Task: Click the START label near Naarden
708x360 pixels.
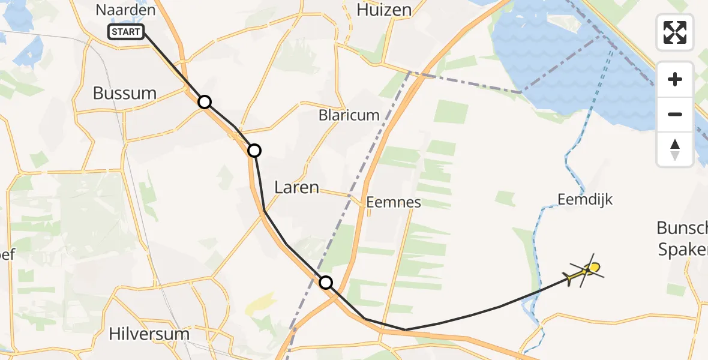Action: click(x=127, y=32)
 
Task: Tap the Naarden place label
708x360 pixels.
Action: click(x=125, y=10)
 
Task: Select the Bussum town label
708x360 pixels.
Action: click(x=125, y=93)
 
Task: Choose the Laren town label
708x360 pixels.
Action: click(x=296, y=187)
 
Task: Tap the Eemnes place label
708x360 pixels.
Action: click(x=394, y=202)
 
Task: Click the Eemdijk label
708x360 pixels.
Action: click(x=585, y=199)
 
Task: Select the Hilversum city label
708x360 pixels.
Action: click(x=150, y=334)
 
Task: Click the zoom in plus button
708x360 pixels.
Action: click(x=675, y=79)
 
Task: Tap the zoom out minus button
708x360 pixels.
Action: click(x=675, y=114)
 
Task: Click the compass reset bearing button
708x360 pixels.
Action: click(x=675, y=149)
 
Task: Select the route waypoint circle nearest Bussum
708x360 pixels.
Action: click(x=205, y=102)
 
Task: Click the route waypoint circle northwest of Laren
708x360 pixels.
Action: click(x=254, y=150)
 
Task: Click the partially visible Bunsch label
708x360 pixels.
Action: click(x=682, y=228)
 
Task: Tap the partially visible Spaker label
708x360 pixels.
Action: click(x=683, y=250)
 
